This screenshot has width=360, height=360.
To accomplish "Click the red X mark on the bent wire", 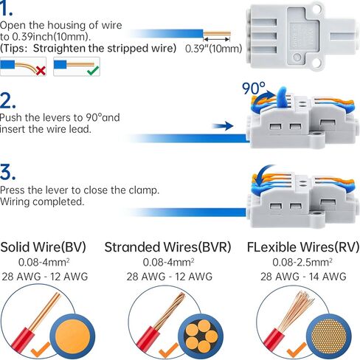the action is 41,71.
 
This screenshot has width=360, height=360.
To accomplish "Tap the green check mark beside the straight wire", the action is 93,71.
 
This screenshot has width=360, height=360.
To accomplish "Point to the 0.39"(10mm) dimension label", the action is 214,49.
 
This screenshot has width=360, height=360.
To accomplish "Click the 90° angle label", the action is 254,89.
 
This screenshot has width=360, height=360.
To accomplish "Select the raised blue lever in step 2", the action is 282,97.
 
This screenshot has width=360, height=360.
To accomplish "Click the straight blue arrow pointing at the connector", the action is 223,126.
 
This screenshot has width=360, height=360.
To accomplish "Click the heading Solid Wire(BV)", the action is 43,246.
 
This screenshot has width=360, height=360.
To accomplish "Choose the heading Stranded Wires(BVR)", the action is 167,247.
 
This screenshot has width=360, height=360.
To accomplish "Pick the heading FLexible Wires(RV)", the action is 303,247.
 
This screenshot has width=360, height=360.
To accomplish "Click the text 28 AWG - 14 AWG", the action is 303,277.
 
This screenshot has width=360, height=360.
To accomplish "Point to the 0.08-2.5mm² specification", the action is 302,262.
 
